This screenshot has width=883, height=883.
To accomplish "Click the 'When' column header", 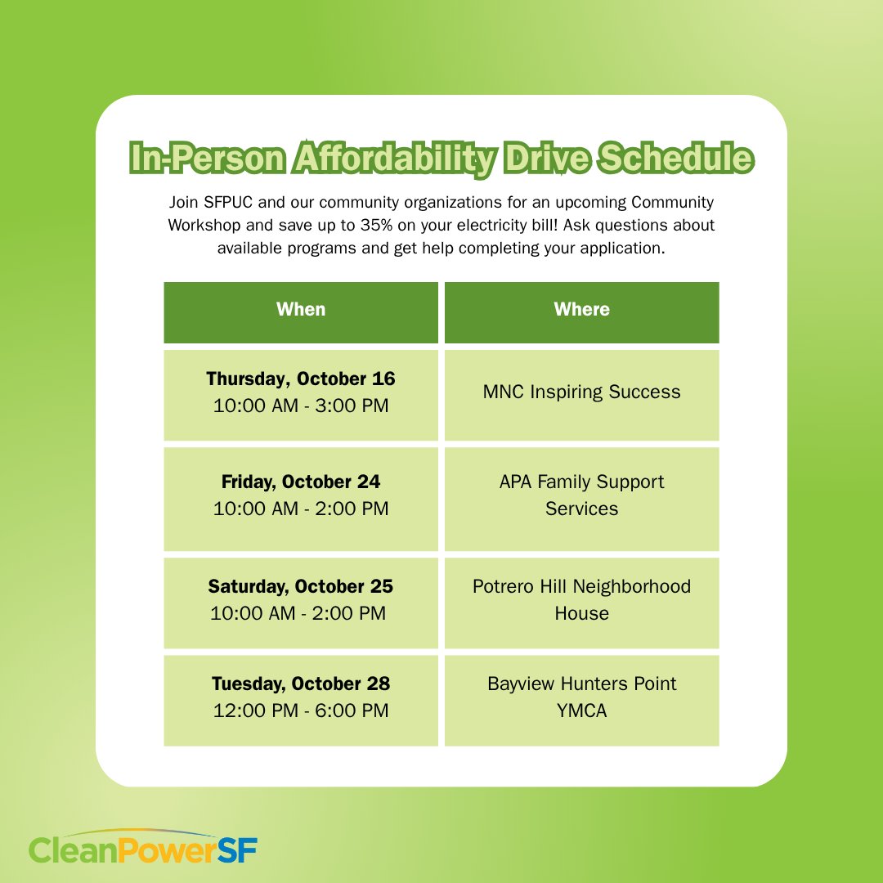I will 301,310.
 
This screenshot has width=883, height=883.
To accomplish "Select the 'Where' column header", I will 581,310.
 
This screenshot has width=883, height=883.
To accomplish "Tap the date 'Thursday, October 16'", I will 301,379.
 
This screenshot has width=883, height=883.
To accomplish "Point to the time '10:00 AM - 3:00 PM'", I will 301,406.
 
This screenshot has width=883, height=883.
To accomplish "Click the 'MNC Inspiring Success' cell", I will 581,392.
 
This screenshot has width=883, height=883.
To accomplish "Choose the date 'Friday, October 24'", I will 301,482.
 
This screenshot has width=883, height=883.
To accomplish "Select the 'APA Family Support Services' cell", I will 581,495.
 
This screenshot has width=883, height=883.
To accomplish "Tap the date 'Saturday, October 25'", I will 301,587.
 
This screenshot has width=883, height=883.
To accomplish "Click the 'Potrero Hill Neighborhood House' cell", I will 581,599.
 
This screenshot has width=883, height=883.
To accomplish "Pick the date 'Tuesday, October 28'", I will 301,684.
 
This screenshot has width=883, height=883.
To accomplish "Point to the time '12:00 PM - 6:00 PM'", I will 301,710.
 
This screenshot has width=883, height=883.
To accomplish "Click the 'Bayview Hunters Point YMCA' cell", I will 581,697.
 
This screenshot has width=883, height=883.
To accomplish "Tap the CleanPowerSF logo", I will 143,849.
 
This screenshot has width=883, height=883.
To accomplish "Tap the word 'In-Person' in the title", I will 204,159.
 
